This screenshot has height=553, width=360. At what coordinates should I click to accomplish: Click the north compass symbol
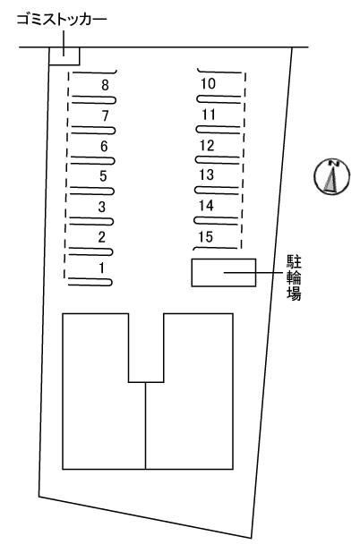331,176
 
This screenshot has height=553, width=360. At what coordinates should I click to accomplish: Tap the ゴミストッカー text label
62,20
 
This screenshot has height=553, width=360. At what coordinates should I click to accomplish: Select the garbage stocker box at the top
64,56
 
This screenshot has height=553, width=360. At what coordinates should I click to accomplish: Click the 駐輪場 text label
294,278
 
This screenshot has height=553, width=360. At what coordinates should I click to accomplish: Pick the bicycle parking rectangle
224,272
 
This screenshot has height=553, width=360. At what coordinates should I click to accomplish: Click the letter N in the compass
333,163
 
